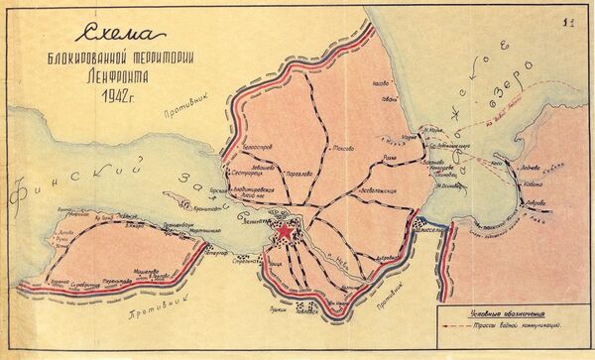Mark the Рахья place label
391,155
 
